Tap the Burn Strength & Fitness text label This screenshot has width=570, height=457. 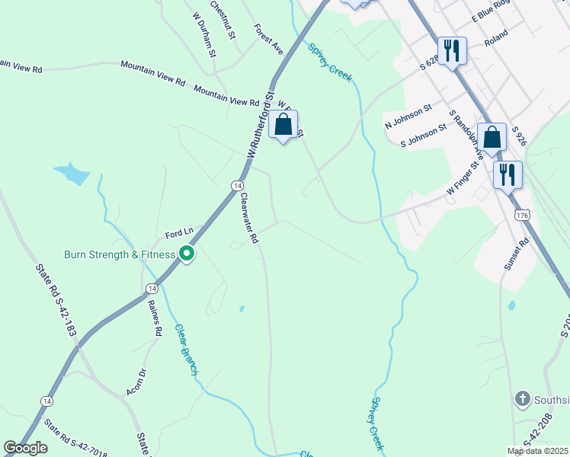pos(119,254)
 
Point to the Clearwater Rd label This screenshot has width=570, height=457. pos(249,218)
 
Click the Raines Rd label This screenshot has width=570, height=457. pos(155,317)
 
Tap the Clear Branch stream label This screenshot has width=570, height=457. pos(186,350)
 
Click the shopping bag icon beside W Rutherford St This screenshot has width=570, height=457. pos(283,124)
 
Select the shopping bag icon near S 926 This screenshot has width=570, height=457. pos(492,137)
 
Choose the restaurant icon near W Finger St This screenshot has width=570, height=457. pos(507,174)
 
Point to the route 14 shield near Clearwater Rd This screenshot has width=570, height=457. pos(238,186)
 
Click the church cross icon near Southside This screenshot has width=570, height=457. pos(522,398)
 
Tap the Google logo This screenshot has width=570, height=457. pos(26,448)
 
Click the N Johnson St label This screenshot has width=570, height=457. pos(408,117)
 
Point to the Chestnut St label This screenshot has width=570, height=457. pos(223,19)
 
